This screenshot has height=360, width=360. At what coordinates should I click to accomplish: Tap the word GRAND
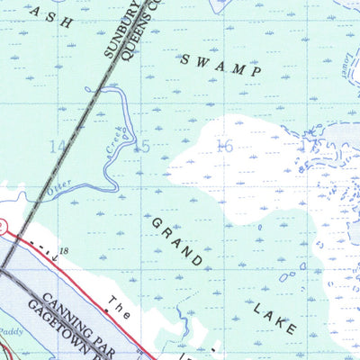click(x=176, y=242)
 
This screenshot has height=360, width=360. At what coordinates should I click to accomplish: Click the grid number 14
click(x=58, y=146)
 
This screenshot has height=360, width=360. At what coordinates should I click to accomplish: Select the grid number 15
click(x=140, y=147)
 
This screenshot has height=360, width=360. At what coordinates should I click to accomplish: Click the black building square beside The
click(x=106, y=310)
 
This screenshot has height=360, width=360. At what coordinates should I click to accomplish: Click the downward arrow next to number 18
click(x=53, y=257)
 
